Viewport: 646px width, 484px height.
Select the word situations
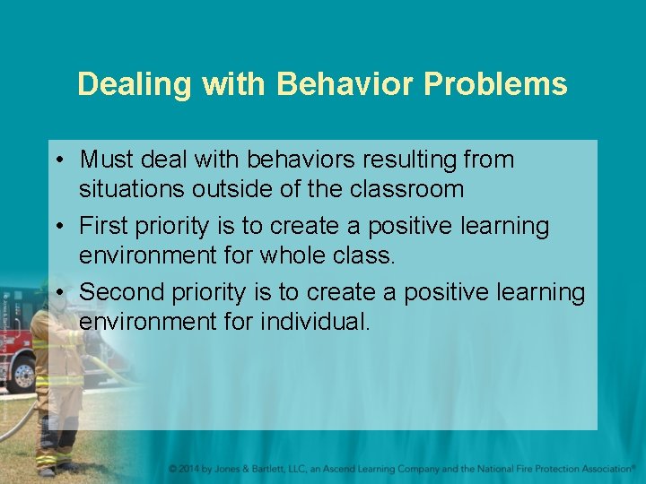(135, 189)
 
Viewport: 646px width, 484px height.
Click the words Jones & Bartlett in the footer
(259, 469)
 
